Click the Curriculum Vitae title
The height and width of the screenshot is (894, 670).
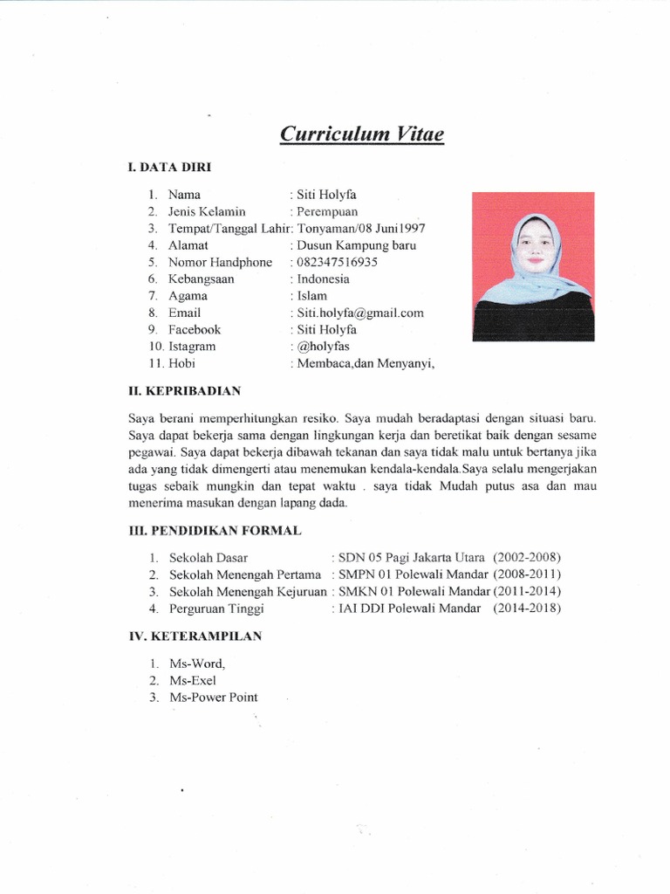point(361,134)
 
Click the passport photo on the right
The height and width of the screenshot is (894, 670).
point(533,265)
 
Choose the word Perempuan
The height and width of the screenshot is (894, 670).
point(327,211)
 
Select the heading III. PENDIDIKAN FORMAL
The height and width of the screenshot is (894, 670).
point(215,531)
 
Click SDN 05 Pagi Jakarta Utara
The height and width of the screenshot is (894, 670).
point(413,557)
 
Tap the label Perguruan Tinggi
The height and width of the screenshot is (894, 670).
point(216,609)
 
